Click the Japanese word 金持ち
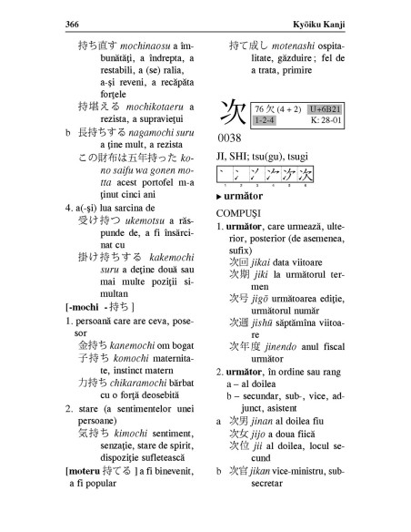coord(92,346)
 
